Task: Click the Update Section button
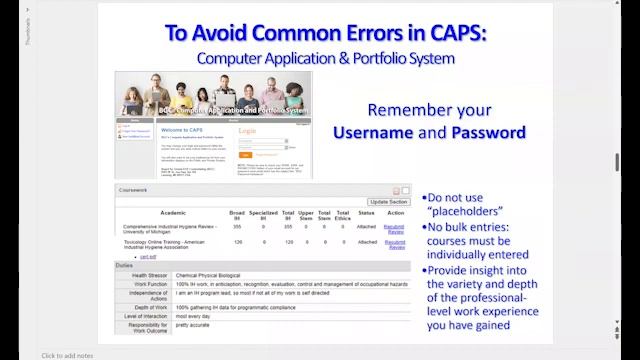point(388,201)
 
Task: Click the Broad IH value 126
point(238,242)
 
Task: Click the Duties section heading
point(126,265)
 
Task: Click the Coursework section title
point(136,190)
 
